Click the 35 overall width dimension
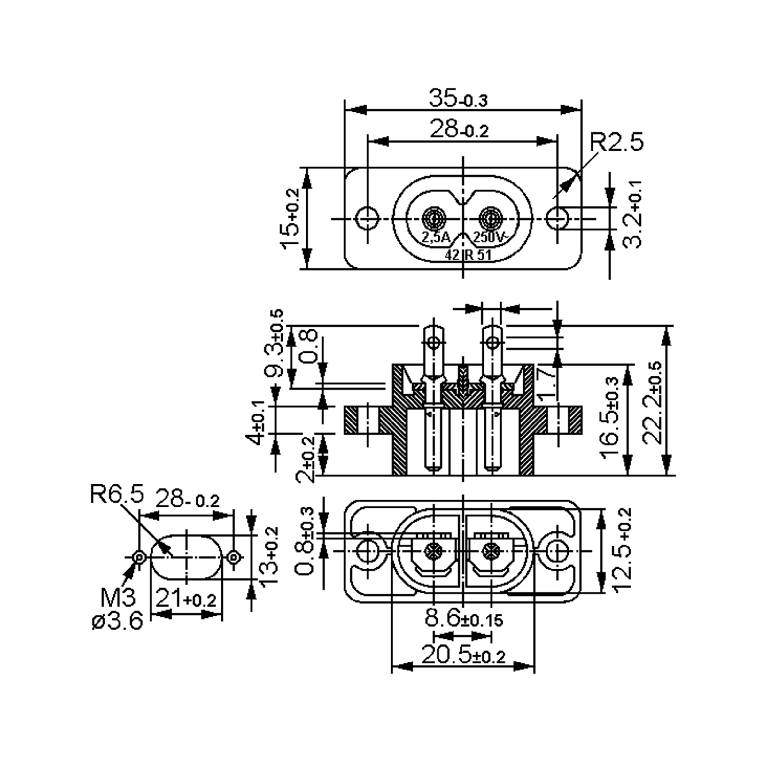pos(458,98)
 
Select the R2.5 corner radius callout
pos(616,142)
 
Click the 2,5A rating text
pos(436,238)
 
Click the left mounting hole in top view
pos(367,218)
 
